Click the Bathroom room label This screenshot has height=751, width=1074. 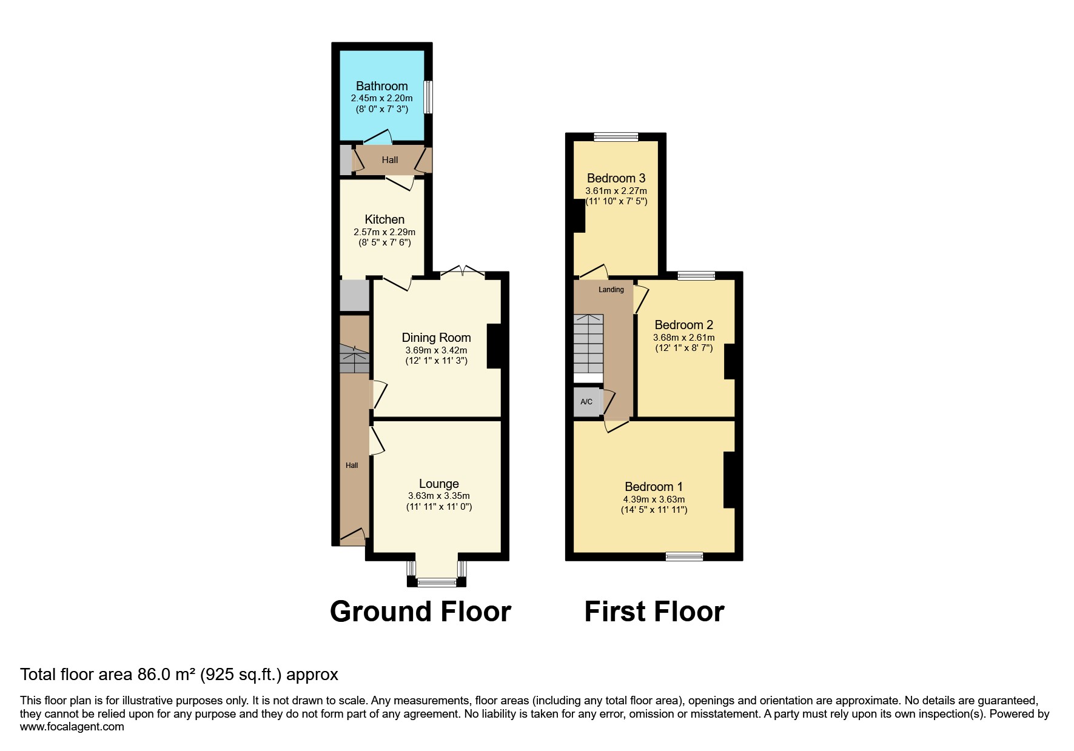(x=381, y=86)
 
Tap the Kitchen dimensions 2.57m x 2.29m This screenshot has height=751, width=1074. (x=384, y=232)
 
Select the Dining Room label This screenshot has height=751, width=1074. (x=436, y=338)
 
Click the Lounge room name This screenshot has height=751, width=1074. (x=438, y=484)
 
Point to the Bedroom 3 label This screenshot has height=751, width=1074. (x=616, y=178)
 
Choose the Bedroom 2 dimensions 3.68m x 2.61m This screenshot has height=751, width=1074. (x=683, y=338)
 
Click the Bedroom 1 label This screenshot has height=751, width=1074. (x=654, y=487)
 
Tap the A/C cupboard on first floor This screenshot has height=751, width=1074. (x=586, y=402)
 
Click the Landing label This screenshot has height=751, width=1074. (x=611, y=290)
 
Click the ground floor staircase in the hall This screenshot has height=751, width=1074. (x=354, y=359)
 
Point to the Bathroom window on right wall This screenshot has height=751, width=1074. (x=428, y=97)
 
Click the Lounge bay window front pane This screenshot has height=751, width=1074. (x=437, y=582)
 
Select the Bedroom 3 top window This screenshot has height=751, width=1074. (x=616, y=137)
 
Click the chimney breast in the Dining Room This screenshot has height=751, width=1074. (x=494, y=346)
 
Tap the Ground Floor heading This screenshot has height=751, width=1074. (x=420, y=612)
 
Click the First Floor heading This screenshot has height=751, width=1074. (x=654, y=612)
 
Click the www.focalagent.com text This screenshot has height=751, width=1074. (x=72, y=727)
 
